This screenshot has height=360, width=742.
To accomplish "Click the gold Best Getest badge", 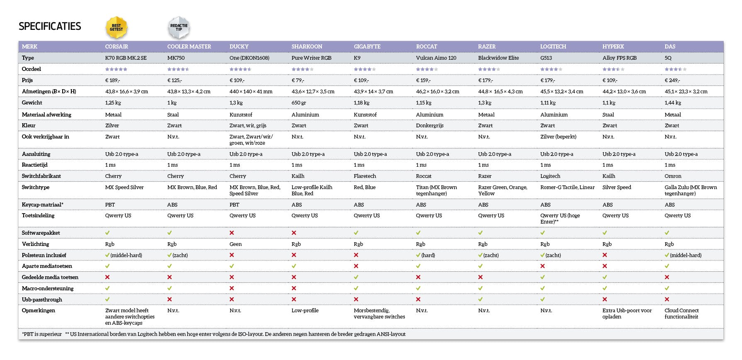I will (116, 27).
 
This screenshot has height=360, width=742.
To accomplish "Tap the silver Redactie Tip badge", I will (179, 27).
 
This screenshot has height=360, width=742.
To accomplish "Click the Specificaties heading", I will (50, 27).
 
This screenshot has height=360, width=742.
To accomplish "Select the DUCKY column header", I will (239, 46).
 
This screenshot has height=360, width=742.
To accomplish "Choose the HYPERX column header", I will (613, 46).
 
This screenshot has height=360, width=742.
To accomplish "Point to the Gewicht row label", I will (32, 102).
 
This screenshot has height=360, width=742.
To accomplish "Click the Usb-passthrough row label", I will (42, 299).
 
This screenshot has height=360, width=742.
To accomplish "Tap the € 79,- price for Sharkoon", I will (298, 80).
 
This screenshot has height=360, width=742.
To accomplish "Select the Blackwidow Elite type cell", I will (498, 58).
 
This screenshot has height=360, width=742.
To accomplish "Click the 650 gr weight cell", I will (299, 102).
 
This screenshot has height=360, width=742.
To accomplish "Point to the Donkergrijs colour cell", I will (430, 125).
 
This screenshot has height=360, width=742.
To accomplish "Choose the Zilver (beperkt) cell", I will (558, 136).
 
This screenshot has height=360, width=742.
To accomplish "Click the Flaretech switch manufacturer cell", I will (365, 176).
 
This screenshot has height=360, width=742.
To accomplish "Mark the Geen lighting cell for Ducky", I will (236, 244).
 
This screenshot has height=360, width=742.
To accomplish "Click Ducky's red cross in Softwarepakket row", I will (232, 233).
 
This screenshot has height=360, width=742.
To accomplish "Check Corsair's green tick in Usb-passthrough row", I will (107, 299).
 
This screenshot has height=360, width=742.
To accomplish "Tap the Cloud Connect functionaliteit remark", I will (681, 314).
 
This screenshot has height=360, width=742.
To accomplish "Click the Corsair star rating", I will (116, 69).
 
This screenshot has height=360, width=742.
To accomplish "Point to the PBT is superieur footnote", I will (42, 334).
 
